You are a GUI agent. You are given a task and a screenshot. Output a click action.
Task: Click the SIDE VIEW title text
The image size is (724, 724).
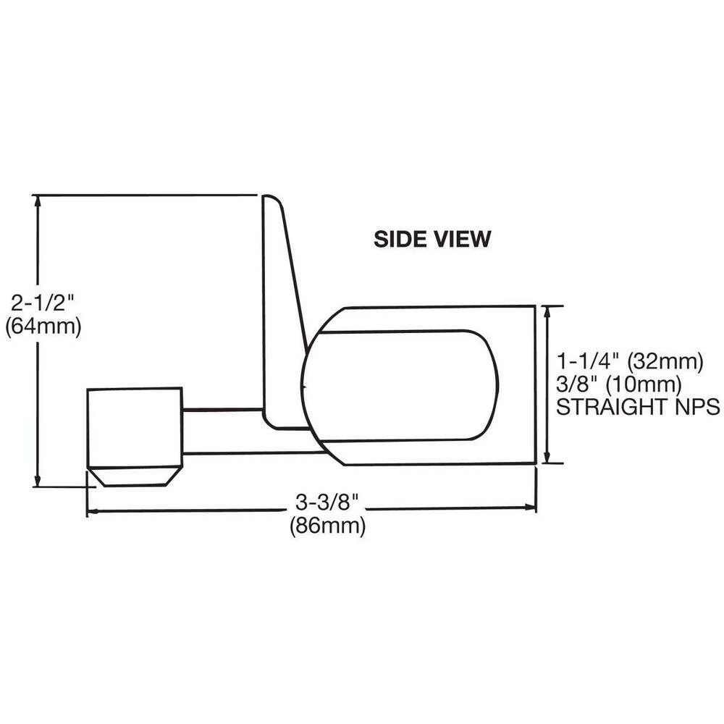[x=432, y=239]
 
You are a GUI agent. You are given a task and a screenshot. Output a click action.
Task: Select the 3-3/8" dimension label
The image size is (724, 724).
[x=327, y=501]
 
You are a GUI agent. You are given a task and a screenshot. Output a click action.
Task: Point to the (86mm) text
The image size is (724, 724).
[x=327, y=526]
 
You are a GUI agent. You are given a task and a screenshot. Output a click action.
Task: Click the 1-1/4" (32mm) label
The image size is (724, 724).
[x=630, y=360]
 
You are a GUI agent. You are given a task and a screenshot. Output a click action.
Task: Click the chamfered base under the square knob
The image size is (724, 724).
[x=134, y=476]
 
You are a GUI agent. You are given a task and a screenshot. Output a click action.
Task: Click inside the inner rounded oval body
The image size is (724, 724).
[x=402, y=385]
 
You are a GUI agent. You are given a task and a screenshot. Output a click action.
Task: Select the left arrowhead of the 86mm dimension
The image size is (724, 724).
[x=92, y=512]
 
